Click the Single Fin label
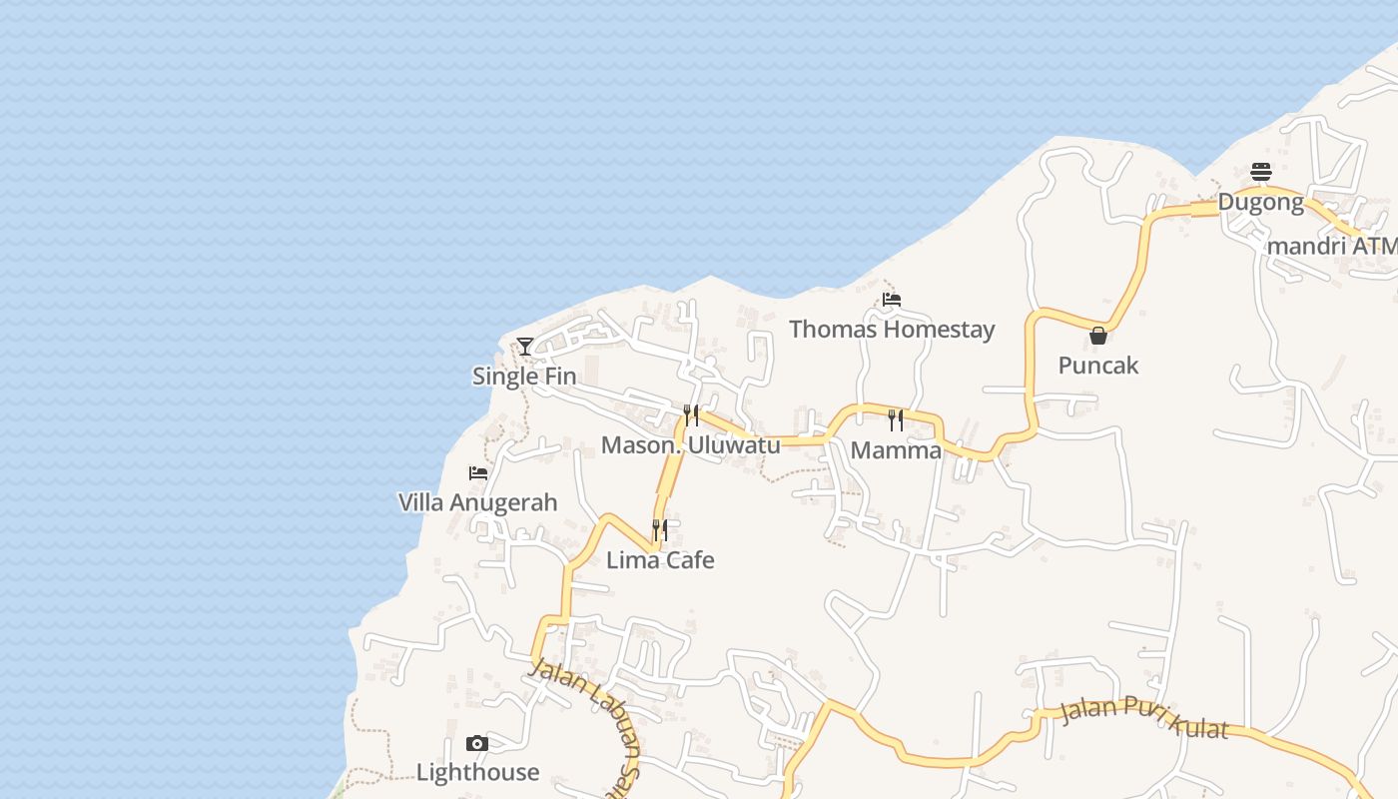click(x=524, y=377)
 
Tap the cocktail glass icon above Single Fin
click(x=525, y=347)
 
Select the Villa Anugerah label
click(x=477, y=502)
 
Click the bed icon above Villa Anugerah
click(x=478, y=472)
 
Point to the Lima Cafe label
click(x=660, y=559)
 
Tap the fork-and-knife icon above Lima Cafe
click(x=660, y=529)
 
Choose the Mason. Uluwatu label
click(x=690, y=445)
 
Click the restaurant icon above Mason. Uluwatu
click(x=691, y=415)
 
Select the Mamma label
click(x=896, y=450)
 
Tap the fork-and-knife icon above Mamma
click(x=896, y=420)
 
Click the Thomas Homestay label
click(x=892, y=329)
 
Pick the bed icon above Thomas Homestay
click(x=892, y=299)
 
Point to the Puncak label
click(x=1098, y=366)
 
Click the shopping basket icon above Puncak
click(x=1098, y=336)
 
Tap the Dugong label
click(x=1260, y=203)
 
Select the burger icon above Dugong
click(x=1261, y=173)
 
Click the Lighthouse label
click(x=477, y=772)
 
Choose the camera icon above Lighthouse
click(x=477, y=743)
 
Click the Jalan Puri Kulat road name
click(x=1143, y=719)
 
